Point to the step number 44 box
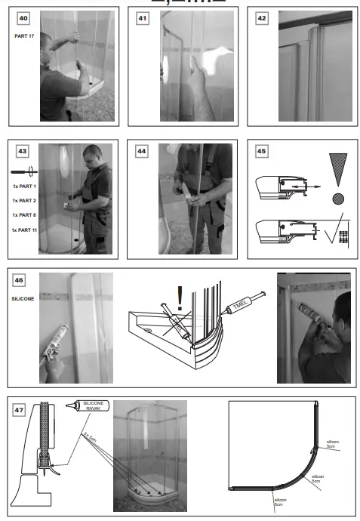point(142,151)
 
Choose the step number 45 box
point(262,151)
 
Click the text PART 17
point(25,35)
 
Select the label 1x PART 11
point(26,230)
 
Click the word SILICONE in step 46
point(23,299)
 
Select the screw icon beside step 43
point(22,171)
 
